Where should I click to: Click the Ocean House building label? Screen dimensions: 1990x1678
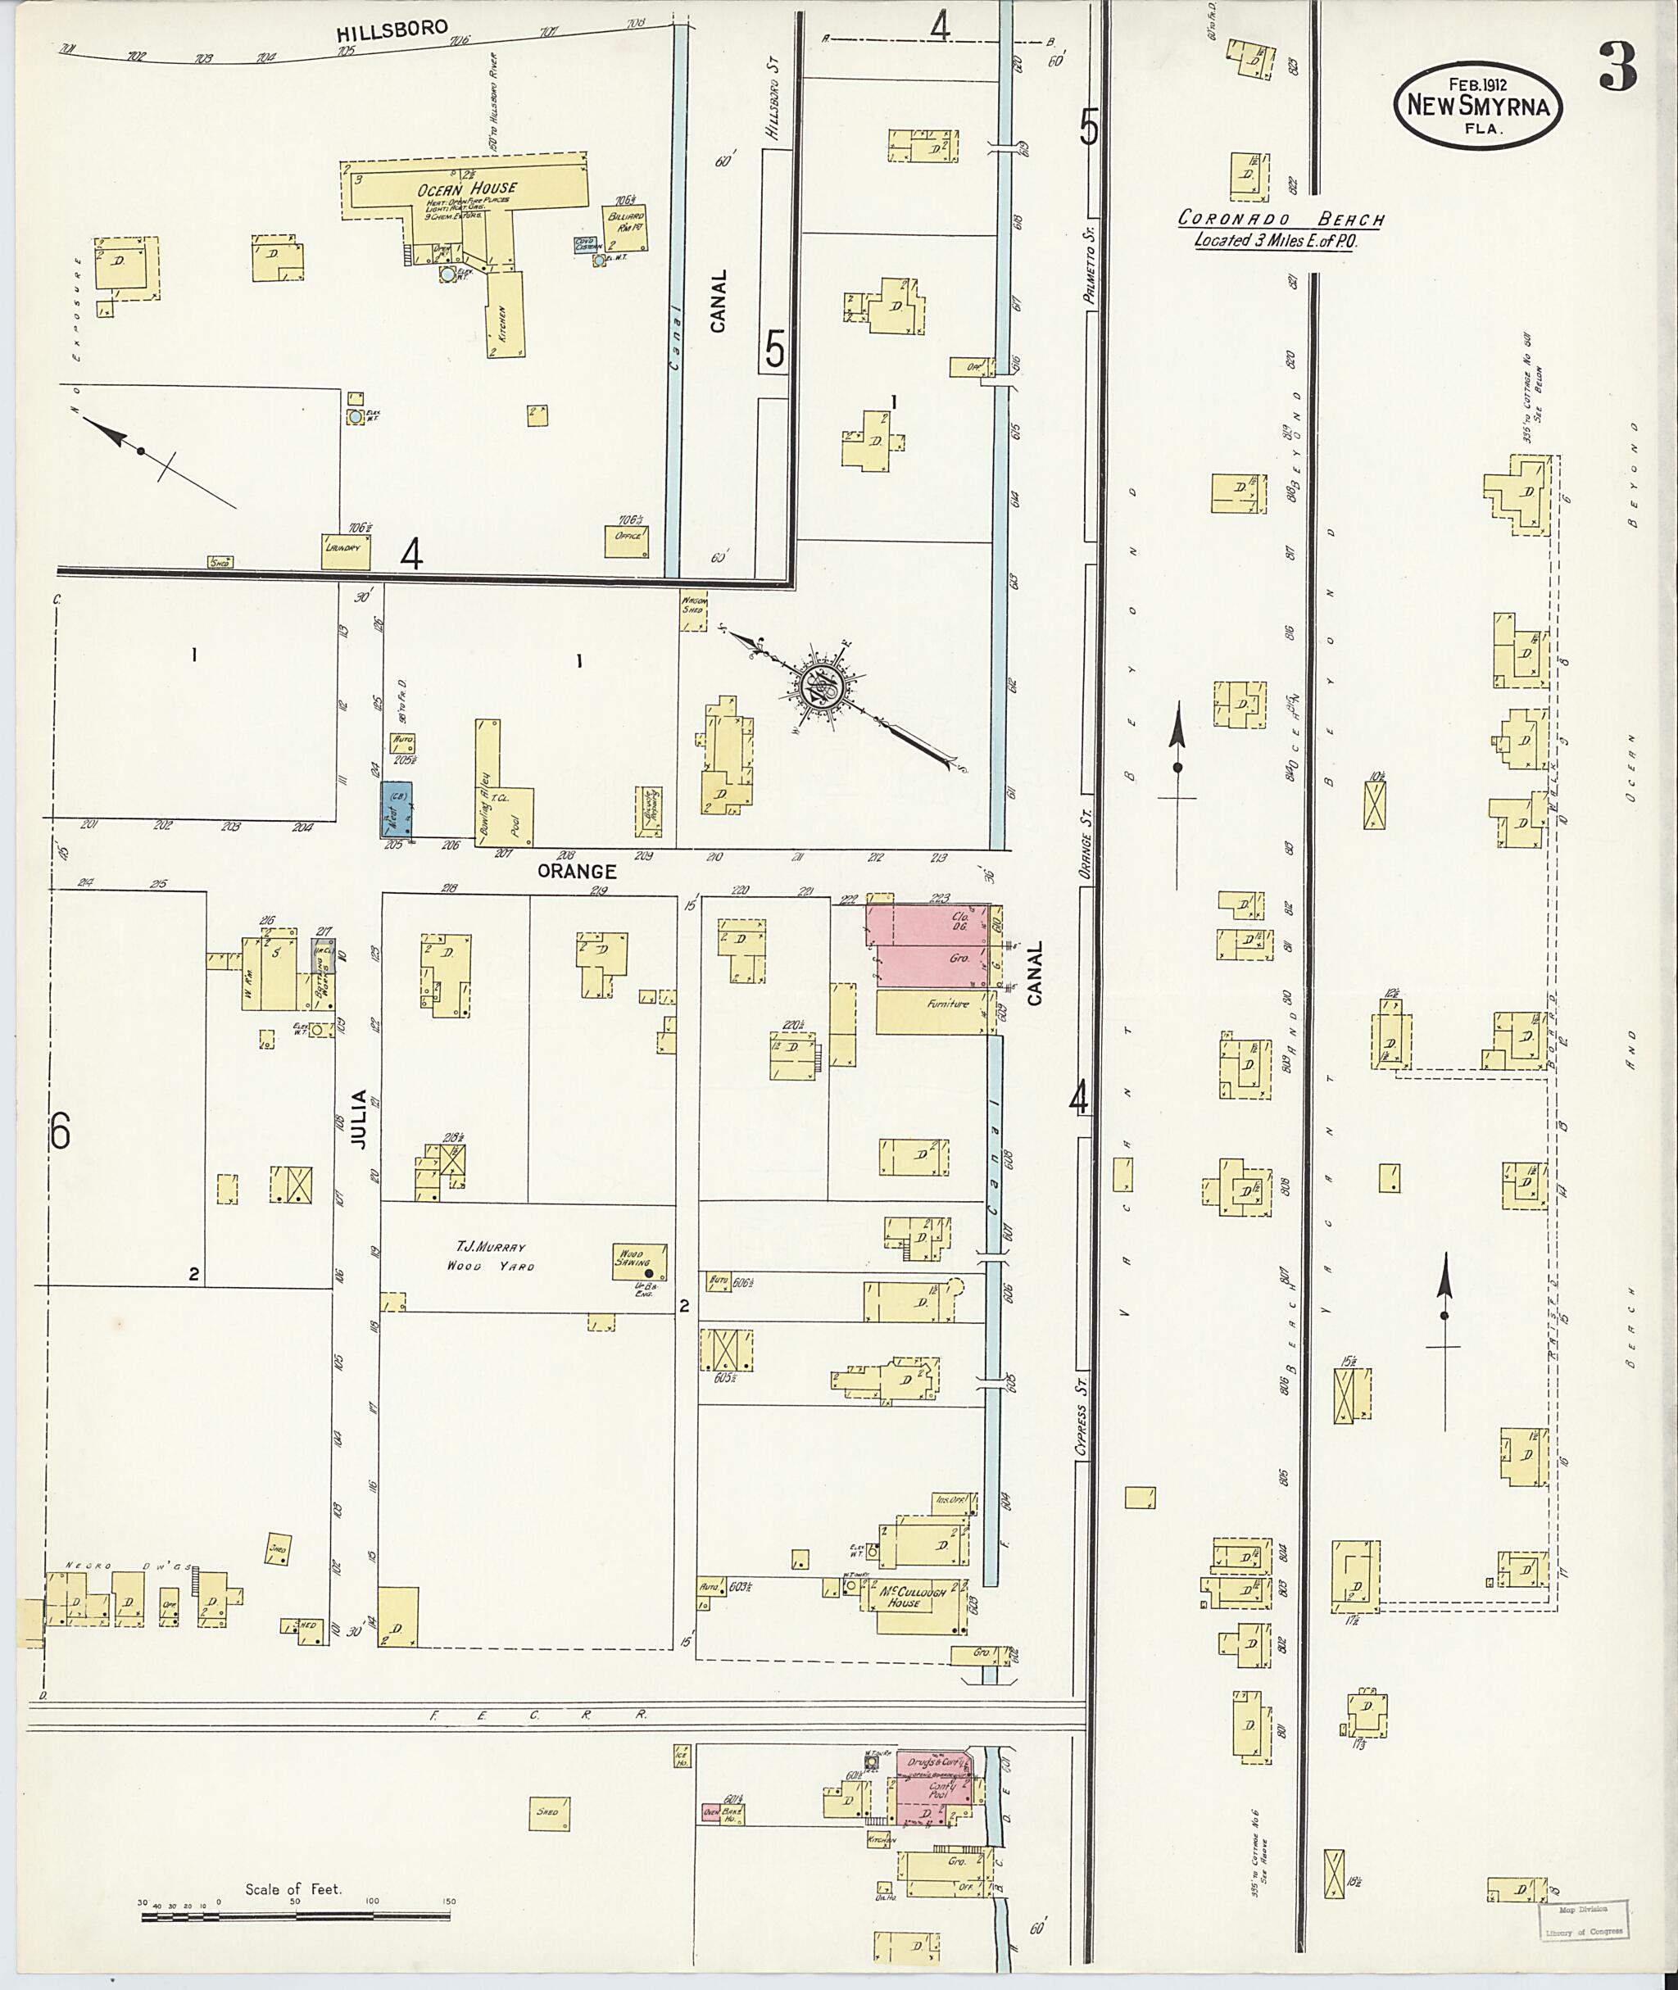tap(453, 189)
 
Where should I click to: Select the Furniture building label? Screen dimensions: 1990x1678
tap(947, 1004)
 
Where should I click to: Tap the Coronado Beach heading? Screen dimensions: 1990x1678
tap(1280, 220)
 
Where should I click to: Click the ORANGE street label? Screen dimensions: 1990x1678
tap(577, 870)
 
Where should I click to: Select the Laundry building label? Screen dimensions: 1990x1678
tap(344, 549)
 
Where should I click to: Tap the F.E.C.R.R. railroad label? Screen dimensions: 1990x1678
tap(537, 1714)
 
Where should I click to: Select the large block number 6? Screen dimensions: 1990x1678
tap(60, 1131)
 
